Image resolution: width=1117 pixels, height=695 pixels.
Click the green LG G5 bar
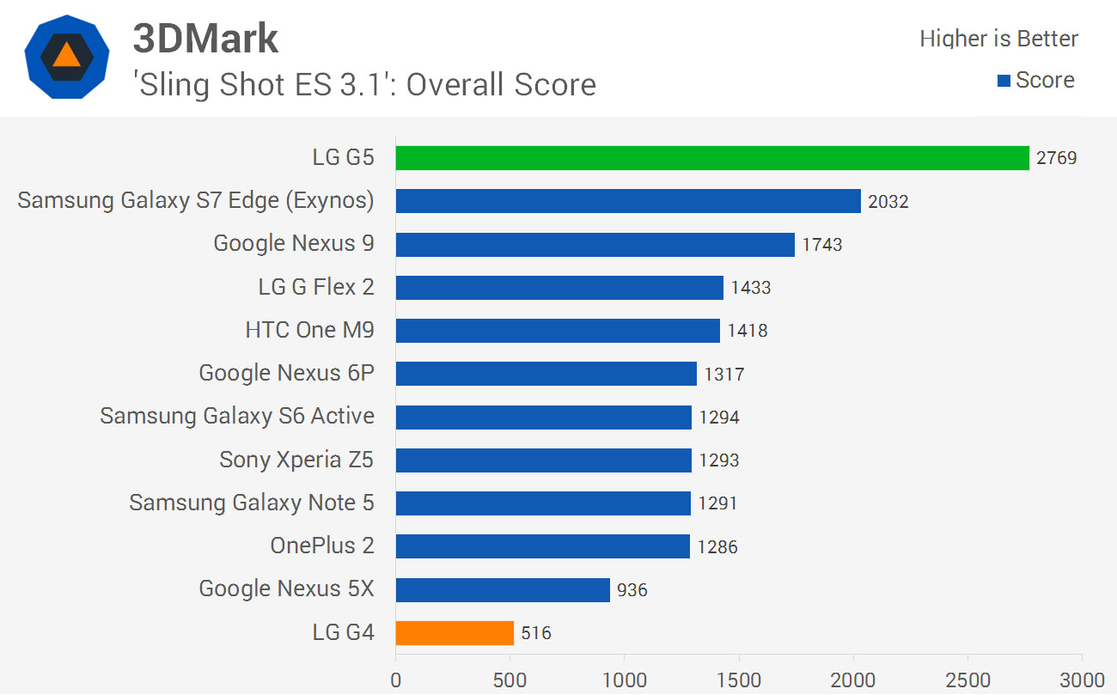(711, 158)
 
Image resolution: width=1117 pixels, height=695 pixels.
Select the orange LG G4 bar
(455, 633)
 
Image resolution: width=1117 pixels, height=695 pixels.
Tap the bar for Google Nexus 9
(595, 244)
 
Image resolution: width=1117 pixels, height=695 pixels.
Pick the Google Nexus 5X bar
(503, 590)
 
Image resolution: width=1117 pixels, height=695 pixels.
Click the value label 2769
(1056, 159)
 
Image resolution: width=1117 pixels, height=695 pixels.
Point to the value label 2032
(888, 202)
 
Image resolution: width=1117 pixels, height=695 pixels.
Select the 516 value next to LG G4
(535, 634)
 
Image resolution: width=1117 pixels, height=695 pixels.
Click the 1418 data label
(747, 331)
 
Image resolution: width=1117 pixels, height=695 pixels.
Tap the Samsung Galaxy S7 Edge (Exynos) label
(196, 200)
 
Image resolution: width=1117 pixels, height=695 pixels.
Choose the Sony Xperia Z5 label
(296, 460)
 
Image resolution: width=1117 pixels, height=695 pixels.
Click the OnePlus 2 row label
(322, 546)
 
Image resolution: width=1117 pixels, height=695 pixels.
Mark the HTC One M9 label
(309, 331)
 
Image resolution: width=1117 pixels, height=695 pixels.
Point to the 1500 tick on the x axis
(739, 680)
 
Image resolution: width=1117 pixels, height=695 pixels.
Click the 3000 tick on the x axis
(1082, 680)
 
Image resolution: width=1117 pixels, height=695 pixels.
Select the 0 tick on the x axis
(396, 680)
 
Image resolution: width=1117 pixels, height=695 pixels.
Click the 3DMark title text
(205, 39)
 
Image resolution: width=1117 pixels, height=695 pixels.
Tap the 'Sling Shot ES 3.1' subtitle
(364, 85)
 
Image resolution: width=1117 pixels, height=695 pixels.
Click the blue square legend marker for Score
(1003, 82)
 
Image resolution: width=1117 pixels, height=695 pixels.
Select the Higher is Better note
(998, 39)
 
